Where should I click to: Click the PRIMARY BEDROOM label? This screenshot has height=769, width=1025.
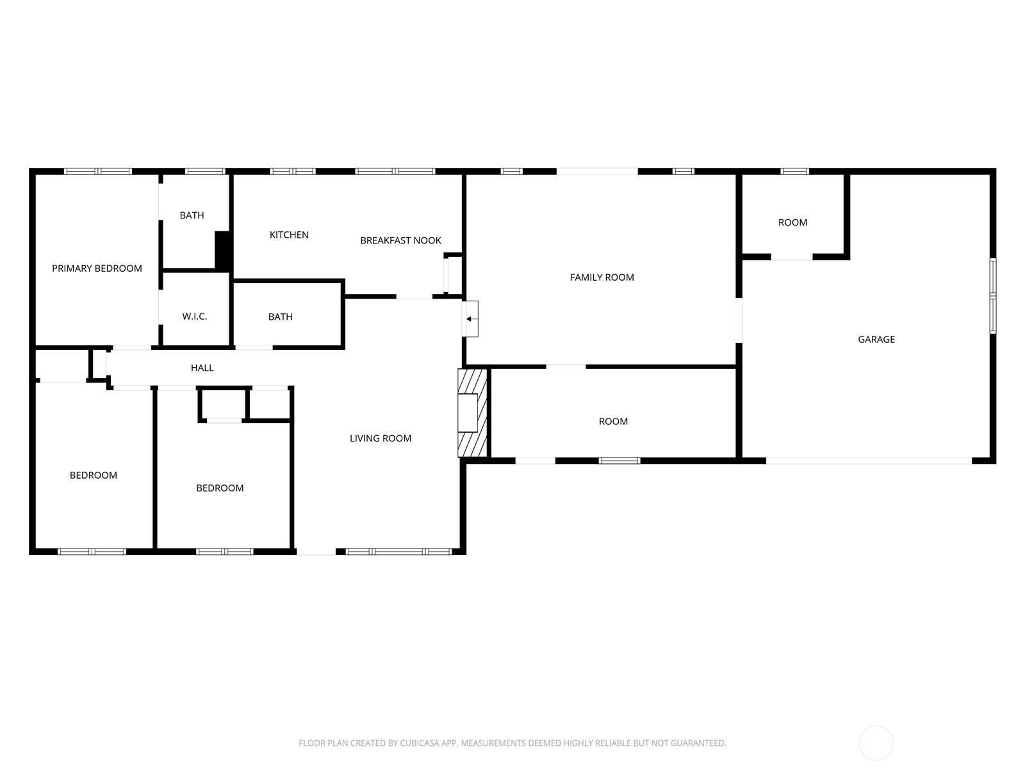pos(97,269)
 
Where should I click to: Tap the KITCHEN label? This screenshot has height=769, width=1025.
pos(289,235)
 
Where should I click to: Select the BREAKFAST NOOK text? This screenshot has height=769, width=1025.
pos(400,240)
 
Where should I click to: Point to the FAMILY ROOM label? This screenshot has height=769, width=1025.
pos(602,277)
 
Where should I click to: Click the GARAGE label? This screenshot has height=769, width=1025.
pos(876,340)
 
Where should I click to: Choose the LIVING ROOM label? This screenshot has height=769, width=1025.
pos(381,438)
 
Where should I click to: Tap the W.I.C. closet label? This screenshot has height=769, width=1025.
pos(195,317)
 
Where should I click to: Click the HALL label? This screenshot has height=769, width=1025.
pos(202,368)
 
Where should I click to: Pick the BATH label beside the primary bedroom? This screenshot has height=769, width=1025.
pos(192,215)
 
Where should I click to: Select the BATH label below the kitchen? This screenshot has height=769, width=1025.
pos(280,317)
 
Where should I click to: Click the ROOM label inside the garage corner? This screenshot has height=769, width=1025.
pos(792,223)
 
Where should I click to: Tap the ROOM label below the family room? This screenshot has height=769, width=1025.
pos(613,422)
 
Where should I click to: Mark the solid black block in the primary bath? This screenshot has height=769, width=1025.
pos(223,251)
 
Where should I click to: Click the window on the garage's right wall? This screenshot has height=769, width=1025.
pos(993,296)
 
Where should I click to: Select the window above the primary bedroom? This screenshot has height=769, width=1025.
pos(98,171)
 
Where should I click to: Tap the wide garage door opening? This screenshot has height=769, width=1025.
pos(869,461)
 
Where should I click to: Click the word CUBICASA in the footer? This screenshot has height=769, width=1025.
pos(420,743)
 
